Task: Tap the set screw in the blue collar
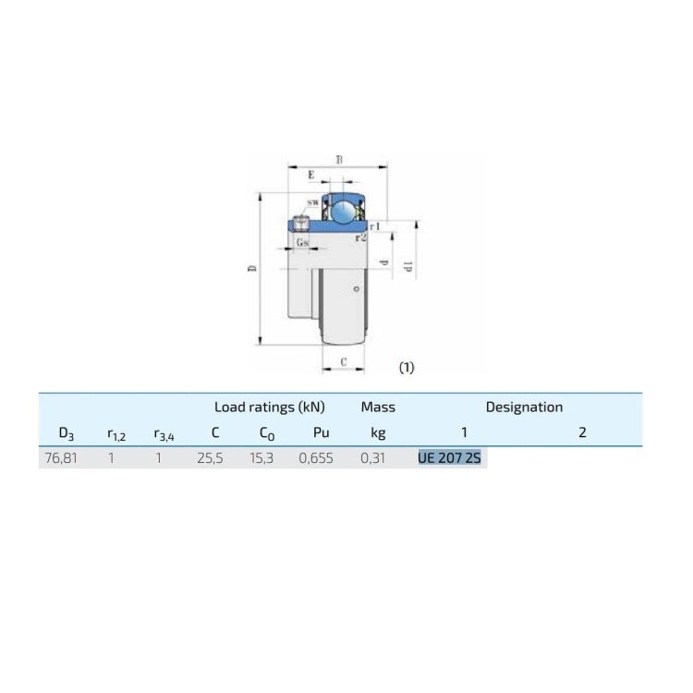tap(301, 224)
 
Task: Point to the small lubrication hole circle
tap(357, 288)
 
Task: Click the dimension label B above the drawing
tap(339, 160)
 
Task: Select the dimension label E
tap(311, 175)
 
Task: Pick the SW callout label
tap(313, 202)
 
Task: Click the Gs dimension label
tap(302, 242)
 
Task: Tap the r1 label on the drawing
tap(375, 226)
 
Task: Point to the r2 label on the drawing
tap(361, 237)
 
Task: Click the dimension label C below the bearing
tap(344, 362)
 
